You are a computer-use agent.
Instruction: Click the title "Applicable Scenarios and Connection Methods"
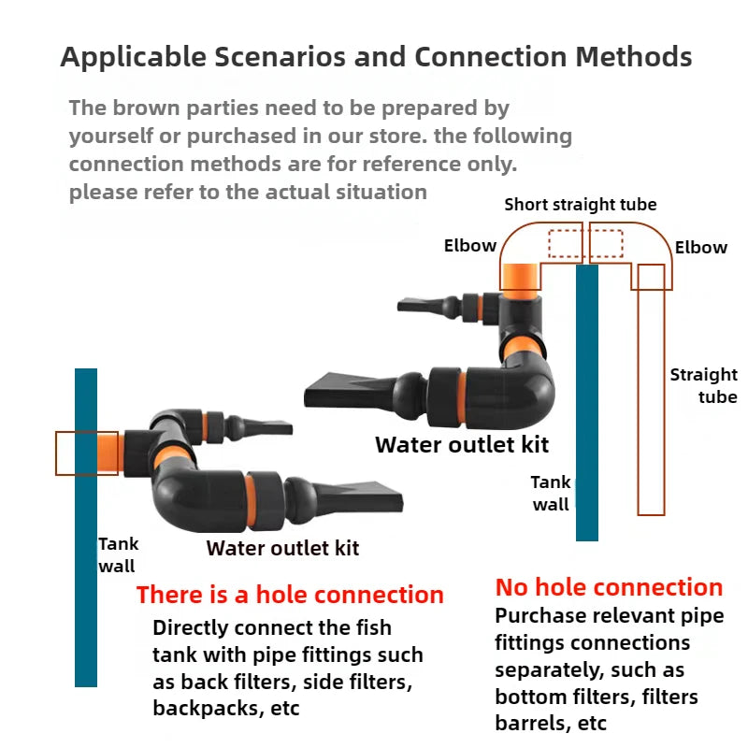coord(376,57)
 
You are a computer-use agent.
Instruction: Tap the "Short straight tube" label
coord(580,204)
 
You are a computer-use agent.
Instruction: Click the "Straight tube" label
coord(703,385)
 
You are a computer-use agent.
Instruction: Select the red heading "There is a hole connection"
coord(290,595)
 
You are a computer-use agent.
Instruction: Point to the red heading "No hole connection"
coord(609,587)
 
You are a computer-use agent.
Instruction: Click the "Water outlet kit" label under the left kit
coord(282,548)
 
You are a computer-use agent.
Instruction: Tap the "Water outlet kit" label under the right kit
coord(462,444)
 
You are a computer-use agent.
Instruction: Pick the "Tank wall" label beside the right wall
coord(551,494)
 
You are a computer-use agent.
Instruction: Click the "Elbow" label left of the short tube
coord(469,246)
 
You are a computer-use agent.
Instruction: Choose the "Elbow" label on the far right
coord(700,247)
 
